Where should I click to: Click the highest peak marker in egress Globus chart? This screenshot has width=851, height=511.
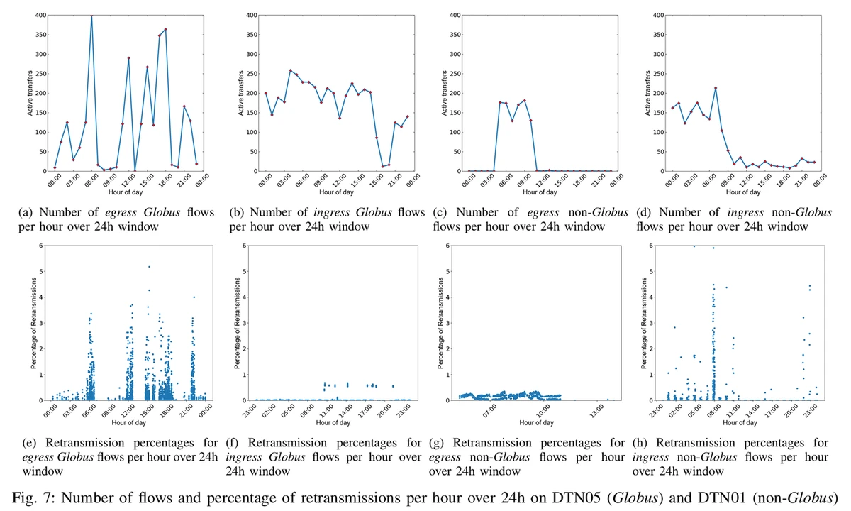click(x=91, y=15)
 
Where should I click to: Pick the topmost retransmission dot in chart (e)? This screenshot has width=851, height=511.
click(x=149, y=267)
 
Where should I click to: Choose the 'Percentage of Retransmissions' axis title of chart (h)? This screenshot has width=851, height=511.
click(x=646, y=323)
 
